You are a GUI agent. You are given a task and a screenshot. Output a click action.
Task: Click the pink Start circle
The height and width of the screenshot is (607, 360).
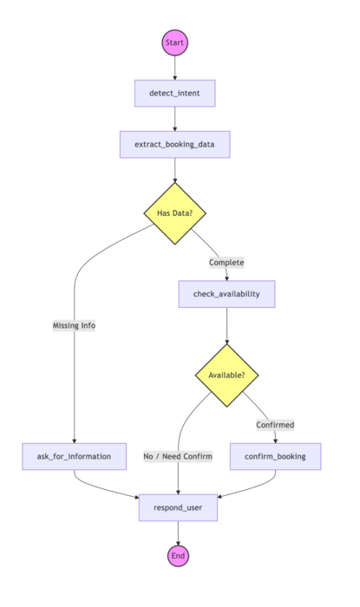point(174,42)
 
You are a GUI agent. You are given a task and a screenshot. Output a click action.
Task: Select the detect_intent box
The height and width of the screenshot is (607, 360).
point(174,93)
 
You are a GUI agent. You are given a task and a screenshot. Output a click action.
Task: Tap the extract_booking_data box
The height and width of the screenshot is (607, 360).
point(174,144)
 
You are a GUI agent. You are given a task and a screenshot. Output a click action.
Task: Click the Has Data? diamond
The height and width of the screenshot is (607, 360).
point(174,213)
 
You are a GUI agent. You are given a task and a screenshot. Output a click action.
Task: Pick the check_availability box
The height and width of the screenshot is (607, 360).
point(226,294)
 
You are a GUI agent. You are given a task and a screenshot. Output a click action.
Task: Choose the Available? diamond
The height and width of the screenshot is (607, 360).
point(226,375)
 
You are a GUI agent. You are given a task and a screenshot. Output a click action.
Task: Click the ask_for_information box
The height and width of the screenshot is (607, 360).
point(74,456)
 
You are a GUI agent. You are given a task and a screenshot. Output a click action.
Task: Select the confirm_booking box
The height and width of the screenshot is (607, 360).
point(276,456)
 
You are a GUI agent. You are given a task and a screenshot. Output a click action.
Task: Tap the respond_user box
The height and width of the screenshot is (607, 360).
point(178,507)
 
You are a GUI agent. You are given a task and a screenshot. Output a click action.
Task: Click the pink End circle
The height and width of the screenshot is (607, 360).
point(178,556)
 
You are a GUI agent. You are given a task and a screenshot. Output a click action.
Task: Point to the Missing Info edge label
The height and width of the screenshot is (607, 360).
point(74,325)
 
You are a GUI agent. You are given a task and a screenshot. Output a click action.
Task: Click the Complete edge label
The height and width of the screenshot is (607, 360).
point(226,262)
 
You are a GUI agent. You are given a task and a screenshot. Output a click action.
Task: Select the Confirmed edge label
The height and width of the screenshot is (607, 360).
point(275,425)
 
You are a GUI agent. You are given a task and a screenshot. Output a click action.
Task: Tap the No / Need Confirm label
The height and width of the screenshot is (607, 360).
point(178,456)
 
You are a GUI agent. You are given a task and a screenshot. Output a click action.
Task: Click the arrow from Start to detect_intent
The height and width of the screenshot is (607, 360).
point(174,68)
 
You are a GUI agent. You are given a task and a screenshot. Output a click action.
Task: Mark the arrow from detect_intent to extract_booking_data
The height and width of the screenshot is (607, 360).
point(174,119)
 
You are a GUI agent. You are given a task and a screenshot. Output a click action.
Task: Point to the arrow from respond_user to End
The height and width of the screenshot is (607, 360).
point(178,532)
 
